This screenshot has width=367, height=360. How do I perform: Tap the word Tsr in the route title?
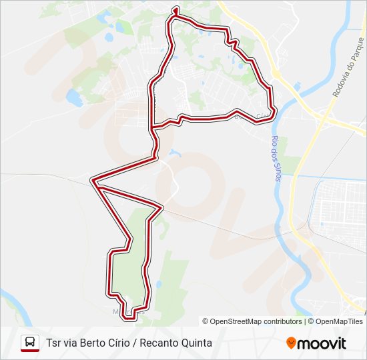pos(54,343)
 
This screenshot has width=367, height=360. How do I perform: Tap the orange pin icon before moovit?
pos(291,343)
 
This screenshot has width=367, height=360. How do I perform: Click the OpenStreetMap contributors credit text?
pos(256,321)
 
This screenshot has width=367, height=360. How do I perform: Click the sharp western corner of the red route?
pos(93,179)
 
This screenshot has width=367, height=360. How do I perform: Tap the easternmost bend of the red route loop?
pos(273,109)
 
